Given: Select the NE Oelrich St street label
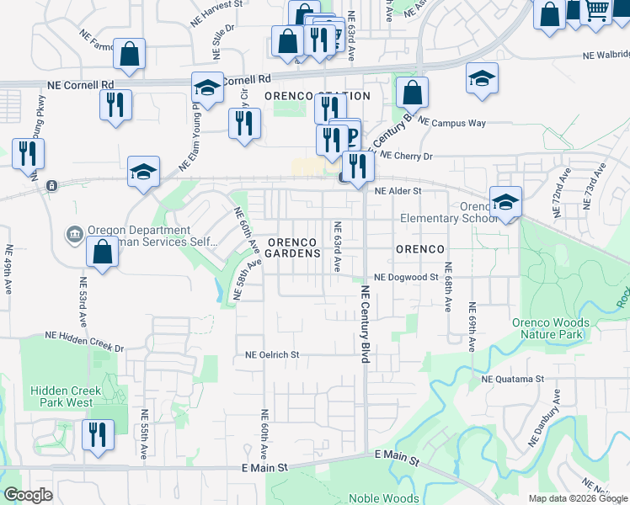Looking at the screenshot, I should [x=272, y=355].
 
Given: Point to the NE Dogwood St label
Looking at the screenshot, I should [x=406, y=277].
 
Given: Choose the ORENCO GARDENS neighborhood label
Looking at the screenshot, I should [x=294, y=247].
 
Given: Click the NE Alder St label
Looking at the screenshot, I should [x=398, y=191].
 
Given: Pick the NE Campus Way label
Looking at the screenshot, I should [x=452, y=123].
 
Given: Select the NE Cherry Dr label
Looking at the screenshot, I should [x=406, y=156].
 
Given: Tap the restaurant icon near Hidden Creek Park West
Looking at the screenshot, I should [x=99, y=435].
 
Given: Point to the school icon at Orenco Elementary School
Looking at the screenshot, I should [x=505, y=202].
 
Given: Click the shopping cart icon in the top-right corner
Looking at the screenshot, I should [x=597, y=11].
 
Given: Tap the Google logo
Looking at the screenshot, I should [x=28, y=495].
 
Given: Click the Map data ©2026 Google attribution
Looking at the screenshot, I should [x=577, y=498].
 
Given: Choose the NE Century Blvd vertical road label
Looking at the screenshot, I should [x=366, y=324].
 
